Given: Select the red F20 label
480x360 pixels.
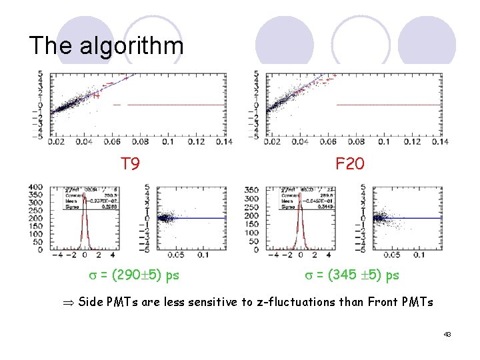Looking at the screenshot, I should point(349,163).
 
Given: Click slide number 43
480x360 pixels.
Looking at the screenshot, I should point(447,334).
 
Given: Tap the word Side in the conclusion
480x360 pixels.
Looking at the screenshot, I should point(91,302).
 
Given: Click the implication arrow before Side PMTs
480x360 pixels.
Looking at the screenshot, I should point(69,302).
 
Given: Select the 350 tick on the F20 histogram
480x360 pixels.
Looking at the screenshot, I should point(251,190).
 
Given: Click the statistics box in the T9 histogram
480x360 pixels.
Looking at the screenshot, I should point(81,199).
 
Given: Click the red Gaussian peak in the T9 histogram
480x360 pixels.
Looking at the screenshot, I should point(85,220).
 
